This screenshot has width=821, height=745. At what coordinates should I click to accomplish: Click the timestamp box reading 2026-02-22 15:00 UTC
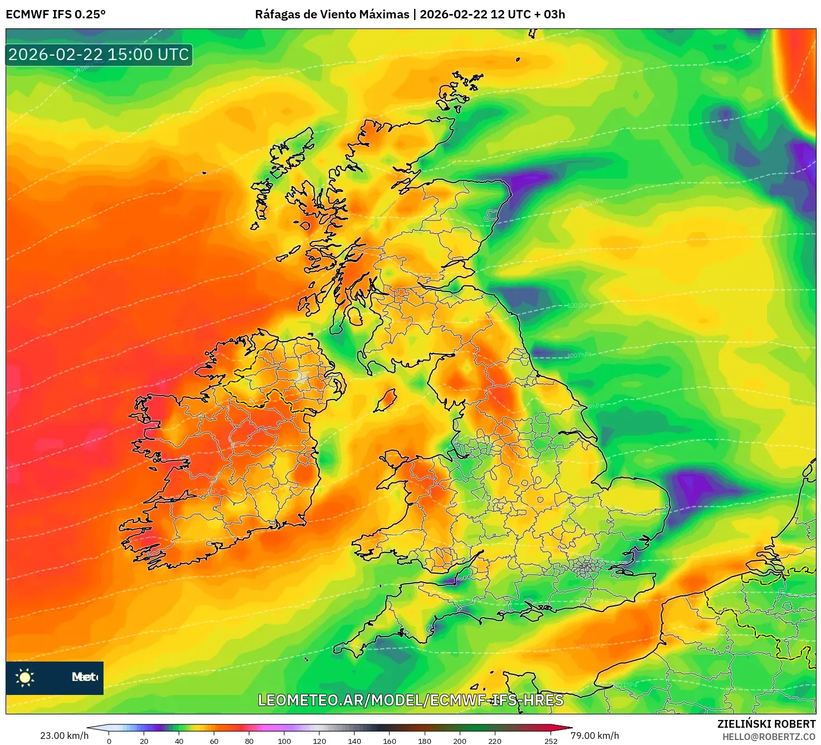point(99,55)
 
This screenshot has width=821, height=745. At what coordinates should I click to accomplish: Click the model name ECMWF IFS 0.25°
point(56,14)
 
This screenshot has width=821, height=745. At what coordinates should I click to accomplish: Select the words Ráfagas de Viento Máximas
point(332,14)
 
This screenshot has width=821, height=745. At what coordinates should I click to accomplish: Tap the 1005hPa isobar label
point(579,305)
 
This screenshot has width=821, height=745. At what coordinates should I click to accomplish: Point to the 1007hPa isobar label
point(579,355)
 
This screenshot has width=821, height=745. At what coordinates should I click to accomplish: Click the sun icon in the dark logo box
point(25,677)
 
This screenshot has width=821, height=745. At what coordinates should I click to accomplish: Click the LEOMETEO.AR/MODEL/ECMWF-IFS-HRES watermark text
point(411,700)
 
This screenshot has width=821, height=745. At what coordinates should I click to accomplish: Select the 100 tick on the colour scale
point(284,741)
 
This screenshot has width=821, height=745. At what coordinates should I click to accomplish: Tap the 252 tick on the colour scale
point(550,741)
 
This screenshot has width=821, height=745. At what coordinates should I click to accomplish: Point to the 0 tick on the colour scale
point(109,741)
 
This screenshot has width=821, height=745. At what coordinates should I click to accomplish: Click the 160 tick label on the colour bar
point(390,741)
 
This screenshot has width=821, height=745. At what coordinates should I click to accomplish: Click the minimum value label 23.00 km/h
point(64,736)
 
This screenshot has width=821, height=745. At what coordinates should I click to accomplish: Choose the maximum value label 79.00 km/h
point(594,736)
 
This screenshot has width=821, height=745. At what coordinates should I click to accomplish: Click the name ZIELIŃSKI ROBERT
point(766,724)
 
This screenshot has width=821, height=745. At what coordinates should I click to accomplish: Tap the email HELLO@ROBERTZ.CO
point(769,737)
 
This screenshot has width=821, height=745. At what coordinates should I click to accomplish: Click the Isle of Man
point(385,401)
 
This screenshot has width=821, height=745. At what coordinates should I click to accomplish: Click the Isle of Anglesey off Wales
point(394,460)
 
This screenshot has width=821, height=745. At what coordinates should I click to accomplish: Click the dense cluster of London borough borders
point(584,568)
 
